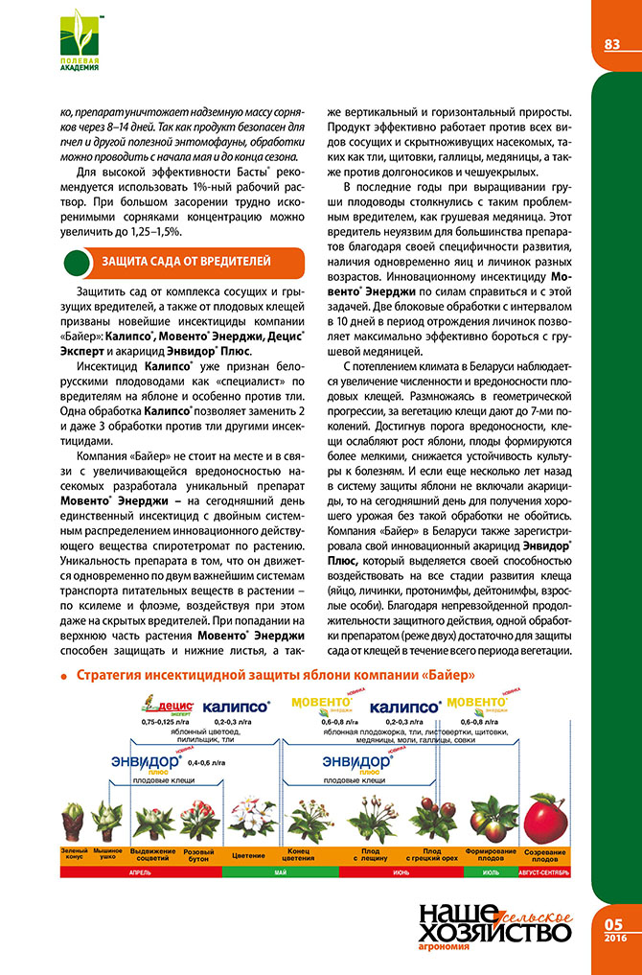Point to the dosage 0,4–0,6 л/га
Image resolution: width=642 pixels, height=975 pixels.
click(x=208, y=762)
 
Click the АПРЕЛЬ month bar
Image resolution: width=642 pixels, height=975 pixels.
click(x=139, y=873)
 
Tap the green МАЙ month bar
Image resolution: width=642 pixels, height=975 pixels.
click(x=280, y=873)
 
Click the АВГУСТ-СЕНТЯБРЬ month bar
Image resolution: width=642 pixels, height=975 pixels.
click(x=546, y=873)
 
